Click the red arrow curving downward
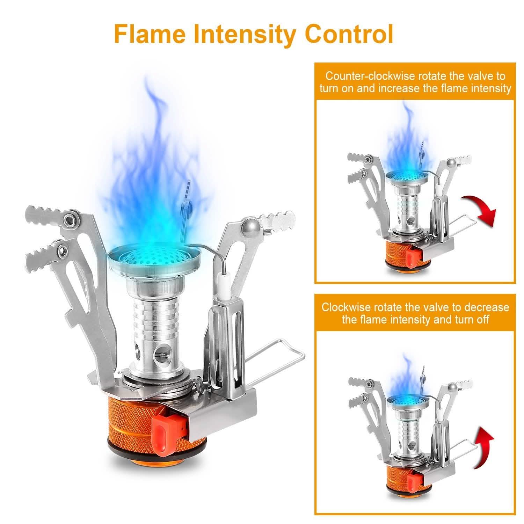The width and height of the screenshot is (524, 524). [481, 210]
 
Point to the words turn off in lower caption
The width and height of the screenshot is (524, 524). [470, 319]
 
